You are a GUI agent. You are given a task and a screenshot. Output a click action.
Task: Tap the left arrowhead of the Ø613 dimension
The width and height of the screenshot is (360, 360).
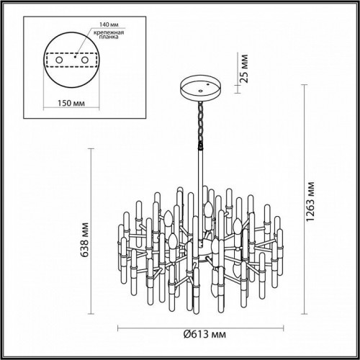tap(120, 324)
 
